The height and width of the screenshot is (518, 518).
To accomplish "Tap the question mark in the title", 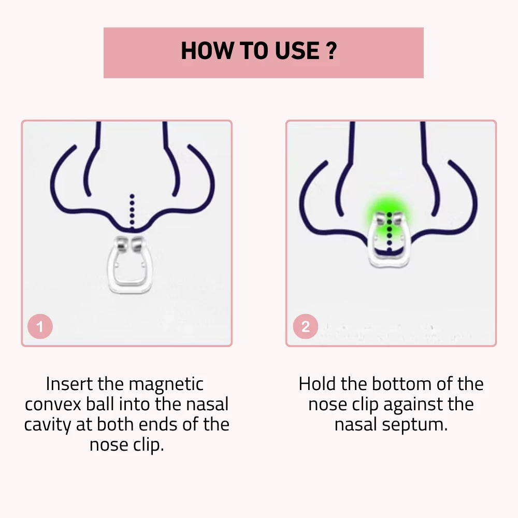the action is click(331, 51).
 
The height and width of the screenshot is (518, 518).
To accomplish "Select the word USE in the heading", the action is click(297, 51).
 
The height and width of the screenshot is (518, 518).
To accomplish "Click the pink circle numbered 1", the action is click(40, 326).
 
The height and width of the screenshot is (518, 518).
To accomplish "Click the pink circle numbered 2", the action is click(306, 326).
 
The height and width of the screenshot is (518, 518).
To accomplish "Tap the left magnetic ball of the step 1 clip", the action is click(121, 244).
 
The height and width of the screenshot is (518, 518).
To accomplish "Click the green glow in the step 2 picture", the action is click(389, 211).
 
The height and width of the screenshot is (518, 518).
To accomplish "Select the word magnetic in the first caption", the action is click(166, 384).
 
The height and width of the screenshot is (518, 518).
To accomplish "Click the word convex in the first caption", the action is click(53, 405).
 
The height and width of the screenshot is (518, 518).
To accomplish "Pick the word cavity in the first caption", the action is click(48, 425).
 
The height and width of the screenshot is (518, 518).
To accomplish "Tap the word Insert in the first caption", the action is click(69, 384).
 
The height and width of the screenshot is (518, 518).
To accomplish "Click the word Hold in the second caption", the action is click(318, 384).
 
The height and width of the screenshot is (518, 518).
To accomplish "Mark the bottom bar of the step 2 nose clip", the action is click(389, 263).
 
